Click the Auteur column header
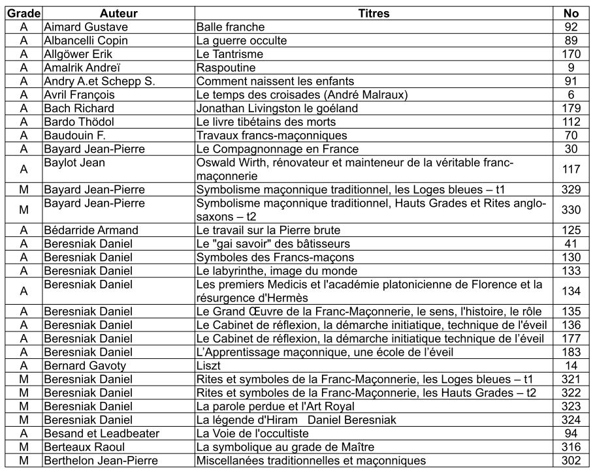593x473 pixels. point(118,13)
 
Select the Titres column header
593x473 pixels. point(374,13)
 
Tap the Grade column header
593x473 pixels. point(24,13)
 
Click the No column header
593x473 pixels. point(571,13)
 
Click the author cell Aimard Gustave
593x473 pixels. point(86,27)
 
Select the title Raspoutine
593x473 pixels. point(226,68)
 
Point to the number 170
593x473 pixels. point(571,54)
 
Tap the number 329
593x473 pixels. point(571,190)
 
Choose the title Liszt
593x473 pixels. point(208,366)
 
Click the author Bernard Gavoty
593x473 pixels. point(84,366)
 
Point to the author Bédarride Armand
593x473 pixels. point(91,230)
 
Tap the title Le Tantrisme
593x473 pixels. point(230,54)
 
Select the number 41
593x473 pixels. point(571,244)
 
